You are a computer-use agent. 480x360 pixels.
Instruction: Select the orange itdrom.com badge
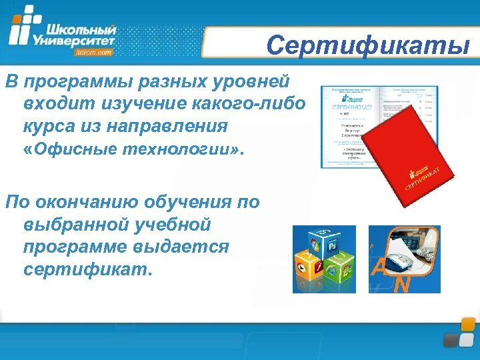(x=94, y=51)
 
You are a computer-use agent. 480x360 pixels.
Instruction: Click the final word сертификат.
(x=87, y=269)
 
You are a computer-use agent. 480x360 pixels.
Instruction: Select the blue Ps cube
(x=332, y=245)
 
